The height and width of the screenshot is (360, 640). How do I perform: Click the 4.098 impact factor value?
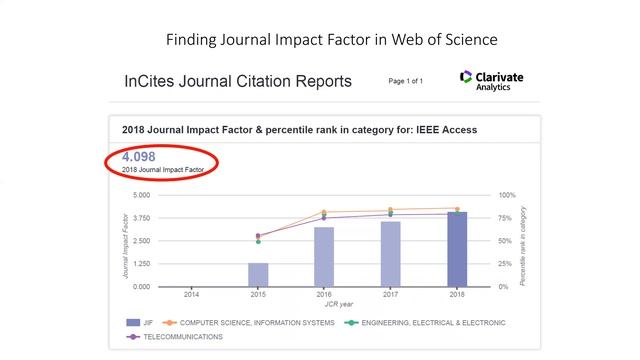(x=139, y=157)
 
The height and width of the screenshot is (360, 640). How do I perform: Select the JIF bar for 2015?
(x=258, y=275)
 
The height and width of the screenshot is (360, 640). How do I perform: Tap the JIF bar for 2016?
(x=324, y=257)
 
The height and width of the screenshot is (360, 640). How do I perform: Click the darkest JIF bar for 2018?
(x=457, y=249)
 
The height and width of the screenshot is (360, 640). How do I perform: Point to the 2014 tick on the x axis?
(x=191, y=295)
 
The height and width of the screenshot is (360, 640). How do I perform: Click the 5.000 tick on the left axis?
(x=141, y=195)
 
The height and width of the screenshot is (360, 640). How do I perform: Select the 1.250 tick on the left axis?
(x=141, y=264)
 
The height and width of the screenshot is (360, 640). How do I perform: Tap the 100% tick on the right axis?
(x=507, y=195)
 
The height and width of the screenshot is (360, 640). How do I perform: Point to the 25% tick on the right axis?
(x=506, y=264)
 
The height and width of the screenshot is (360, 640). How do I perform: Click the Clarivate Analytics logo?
(x=491, y=81)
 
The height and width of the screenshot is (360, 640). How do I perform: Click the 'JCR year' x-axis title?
(x=324, y=303)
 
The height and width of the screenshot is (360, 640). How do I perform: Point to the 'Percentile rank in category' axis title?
(x=523, y=241)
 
